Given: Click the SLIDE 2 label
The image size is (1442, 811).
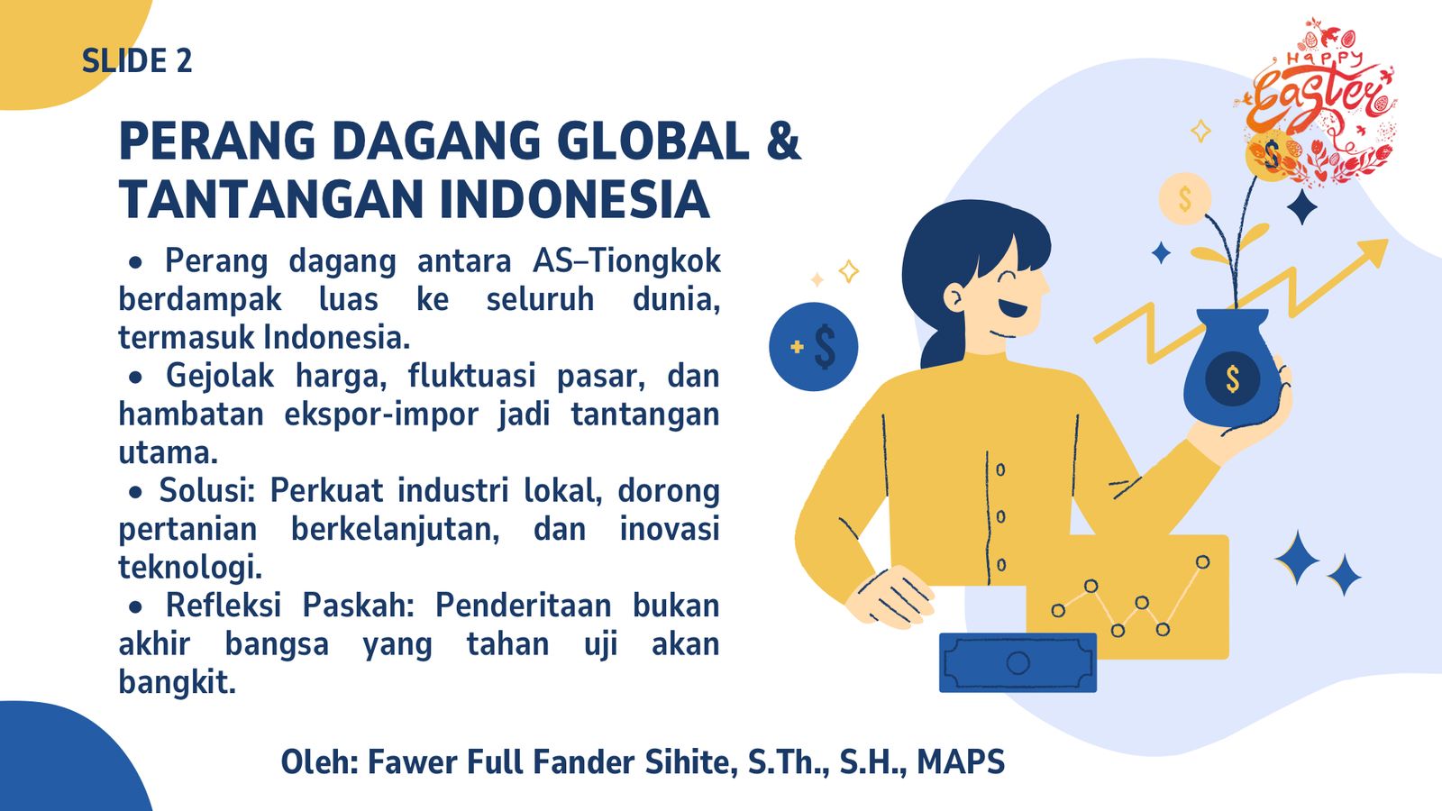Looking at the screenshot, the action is (137, 61).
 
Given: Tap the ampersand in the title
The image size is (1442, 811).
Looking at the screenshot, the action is (783, 141).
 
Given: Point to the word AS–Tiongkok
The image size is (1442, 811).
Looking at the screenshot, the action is (626, 261).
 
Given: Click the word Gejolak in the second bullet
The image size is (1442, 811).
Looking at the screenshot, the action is (220, 376).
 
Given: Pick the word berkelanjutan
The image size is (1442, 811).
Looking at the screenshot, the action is (396, 530).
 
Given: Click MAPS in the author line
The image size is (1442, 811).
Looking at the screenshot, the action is (961, 762).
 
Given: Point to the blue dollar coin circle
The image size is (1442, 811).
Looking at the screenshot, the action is (813, 347).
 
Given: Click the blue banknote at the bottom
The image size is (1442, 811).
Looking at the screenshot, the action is (1018, 663).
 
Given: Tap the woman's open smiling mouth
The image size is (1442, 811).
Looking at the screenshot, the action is (1013, 308).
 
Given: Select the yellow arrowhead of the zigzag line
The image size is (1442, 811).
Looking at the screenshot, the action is (1370, 254).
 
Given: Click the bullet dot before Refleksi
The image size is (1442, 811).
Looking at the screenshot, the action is (135, 607).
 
